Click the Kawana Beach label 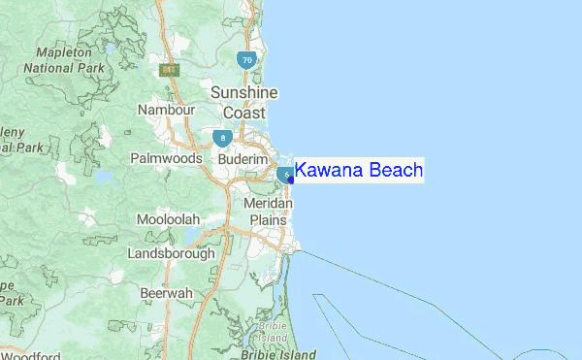tap(359, 171)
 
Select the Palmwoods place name tap(167, 157)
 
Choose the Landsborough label tap(172, 253)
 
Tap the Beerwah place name tap(166, 292)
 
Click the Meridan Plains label tap(268, 212)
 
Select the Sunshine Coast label tap(244, 102)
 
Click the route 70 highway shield tap(247, 60)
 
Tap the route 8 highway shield tap(224, 137)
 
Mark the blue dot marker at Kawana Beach tap(292, 180)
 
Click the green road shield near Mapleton tap(171, 70)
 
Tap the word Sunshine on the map tap(244, 92)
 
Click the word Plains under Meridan tap(268, 220)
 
